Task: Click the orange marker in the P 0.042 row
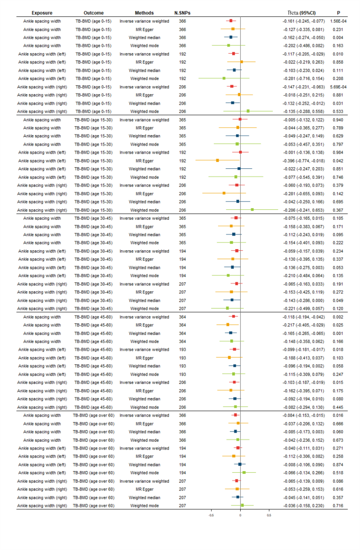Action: [x=217, y=160]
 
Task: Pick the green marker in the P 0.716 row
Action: [x=242, y=505]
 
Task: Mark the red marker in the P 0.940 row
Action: [x=240, y=119]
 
